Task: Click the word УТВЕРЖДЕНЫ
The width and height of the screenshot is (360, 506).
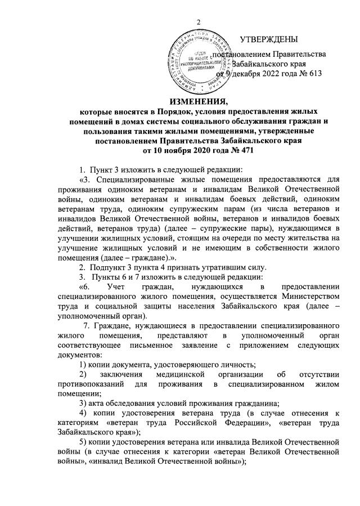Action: pyautogui.click(x=269, y=39)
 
